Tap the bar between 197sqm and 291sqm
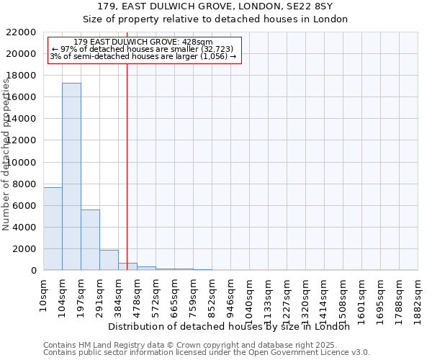[90, 240]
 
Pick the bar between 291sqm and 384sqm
[109, 260]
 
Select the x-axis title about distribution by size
[229, 326]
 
